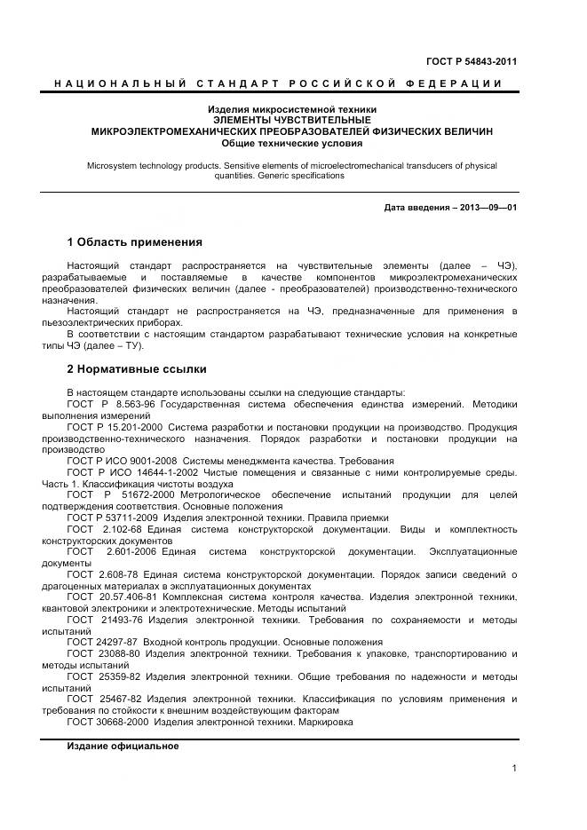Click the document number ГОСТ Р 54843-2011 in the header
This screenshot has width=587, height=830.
click(x=472, y=61)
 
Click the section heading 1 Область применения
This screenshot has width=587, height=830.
click(x=135, y=241)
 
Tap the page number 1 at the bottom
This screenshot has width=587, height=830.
click(x=514, y=769)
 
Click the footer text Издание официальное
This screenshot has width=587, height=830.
click(x=123, y=747)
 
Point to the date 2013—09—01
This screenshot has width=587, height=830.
click(x=488, y=209)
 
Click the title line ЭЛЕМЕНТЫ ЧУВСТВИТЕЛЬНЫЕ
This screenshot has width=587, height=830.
click(x=292, y=120)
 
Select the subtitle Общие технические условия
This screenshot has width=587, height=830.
click(x=292, y=142)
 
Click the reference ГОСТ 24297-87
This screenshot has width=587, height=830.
click(x=101, y=642)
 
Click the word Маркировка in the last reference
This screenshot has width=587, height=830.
click(x=326, y=722)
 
